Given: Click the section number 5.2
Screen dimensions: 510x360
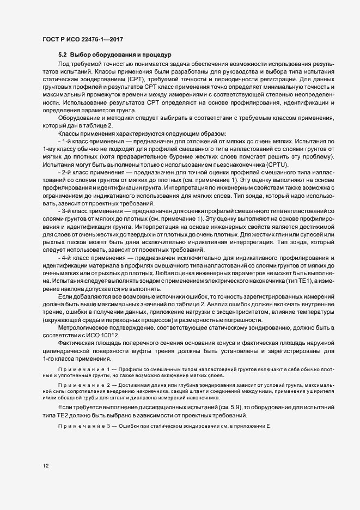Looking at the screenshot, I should pyautogui.click(x=63, y=55).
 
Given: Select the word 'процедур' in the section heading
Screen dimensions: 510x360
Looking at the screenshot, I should pyautogui.click(x=157, y=55).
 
